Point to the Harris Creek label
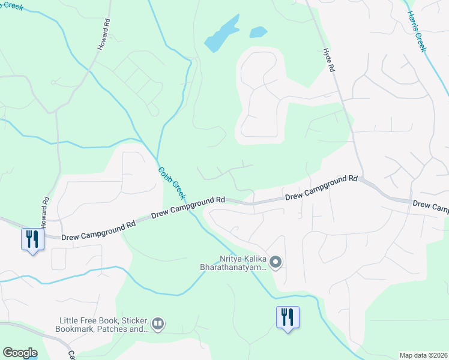point(416,31)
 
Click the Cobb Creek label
point(173,184)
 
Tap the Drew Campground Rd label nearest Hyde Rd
point(321,187)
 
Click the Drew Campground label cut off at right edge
point(430,206)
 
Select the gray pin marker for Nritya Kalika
point(276,262)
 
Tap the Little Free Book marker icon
point(158,324)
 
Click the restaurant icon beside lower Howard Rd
point(32,239)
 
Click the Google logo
point(20,353)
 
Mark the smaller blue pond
point(258,32)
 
